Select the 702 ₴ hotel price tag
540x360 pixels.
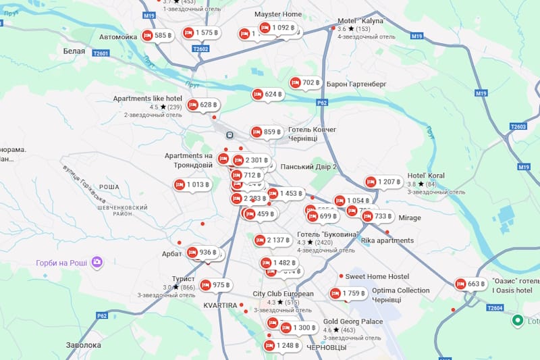(305, 83)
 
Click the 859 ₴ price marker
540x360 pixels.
(266, 132)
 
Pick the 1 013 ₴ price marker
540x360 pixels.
(192, 184)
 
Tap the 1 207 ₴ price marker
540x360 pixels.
(383, 182)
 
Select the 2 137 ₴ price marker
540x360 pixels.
(273, 240)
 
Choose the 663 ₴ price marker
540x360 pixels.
(470, 284)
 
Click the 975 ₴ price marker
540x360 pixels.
(215, 285)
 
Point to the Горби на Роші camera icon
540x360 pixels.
(97, 261)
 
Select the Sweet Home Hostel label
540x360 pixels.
(377, 276)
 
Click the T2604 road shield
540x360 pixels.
(495, 308)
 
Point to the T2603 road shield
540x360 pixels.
(518, 126)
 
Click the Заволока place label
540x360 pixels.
(84, 345)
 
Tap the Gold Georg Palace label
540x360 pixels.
(352, 322)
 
